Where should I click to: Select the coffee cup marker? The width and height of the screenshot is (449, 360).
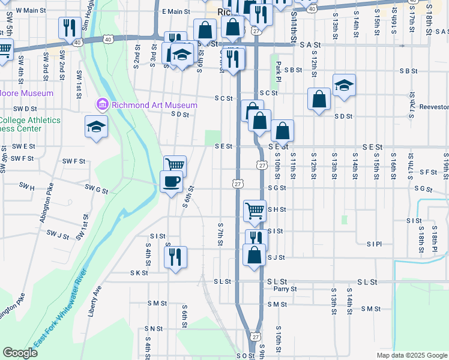[171, 181]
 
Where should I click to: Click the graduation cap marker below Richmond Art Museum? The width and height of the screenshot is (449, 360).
[96, 127]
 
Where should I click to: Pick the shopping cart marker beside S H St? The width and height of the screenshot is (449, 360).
[255, 210]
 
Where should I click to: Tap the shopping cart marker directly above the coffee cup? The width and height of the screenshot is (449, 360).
[175, 166]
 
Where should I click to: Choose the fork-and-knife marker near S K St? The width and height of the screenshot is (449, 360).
[175, 257]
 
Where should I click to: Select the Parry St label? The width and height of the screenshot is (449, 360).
[285, 289]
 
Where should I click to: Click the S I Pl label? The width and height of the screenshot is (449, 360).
[374, 244]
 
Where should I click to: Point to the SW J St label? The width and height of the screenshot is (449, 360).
[58, 235]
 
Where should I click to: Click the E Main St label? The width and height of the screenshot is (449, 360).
[175, 11]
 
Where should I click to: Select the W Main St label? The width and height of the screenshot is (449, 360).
[31, 10]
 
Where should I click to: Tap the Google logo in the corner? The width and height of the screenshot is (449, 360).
[20, 353]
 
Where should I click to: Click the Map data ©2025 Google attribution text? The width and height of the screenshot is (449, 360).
[411, 355]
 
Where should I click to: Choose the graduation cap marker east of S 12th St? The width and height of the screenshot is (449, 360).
[344, 85]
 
